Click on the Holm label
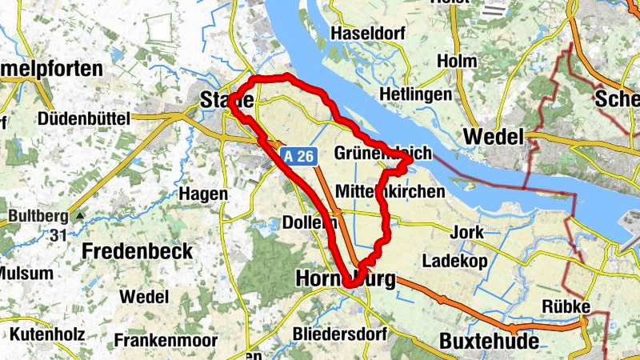pos(457,61)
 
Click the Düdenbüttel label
pos(83,118)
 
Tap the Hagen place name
pos(204,194)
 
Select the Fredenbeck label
pos(138,251)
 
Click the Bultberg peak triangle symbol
pos(78,216)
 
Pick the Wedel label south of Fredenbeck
pos(144,296)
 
